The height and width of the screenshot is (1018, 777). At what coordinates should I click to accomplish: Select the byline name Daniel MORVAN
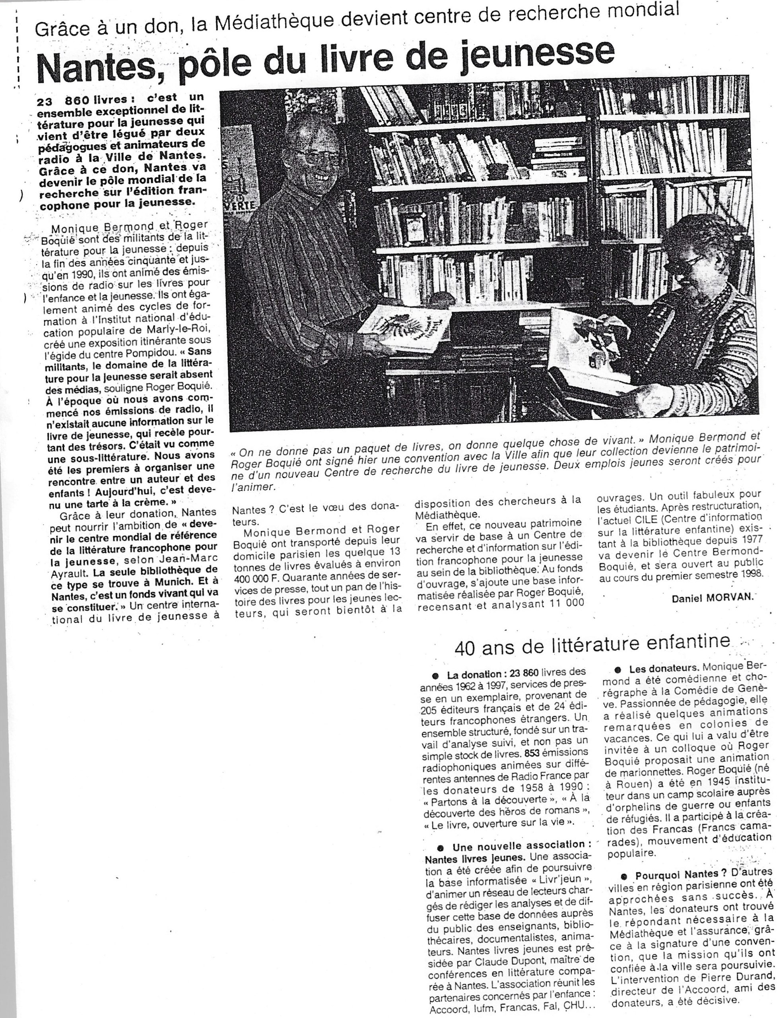712,598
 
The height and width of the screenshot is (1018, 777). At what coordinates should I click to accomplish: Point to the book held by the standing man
412,329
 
